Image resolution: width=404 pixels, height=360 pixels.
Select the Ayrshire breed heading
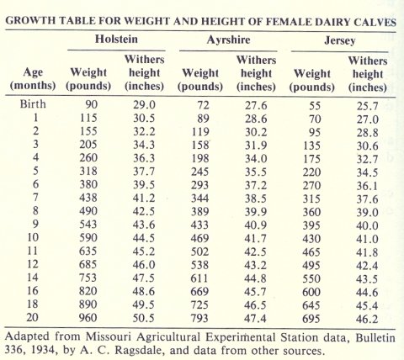pos(224,40)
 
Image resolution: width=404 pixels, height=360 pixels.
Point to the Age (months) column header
pos(33,78)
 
